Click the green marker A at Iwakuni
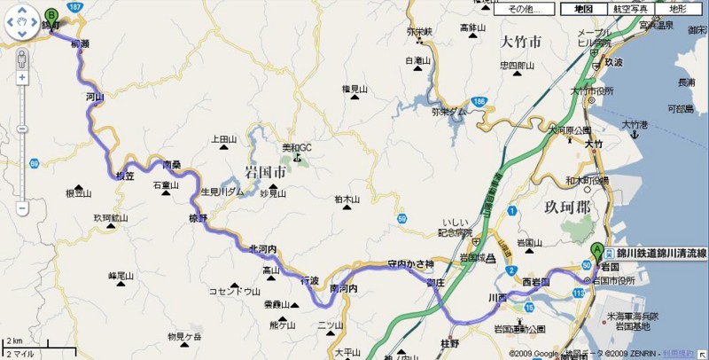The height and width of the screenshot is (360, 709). click(596, 251)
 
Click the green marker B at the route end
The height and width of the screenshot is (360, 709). click(51, 16)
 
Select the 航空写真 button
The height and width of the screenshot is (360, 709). click(629, 9)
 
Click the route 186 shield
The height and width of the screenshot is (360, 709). click(479, 101)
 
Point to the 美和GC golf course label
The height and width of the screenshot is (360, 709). click(297, 147)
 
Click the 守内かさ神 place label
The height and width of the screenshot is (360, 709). click(410, 263)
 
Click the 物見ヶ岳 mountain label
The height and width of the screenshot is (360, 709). click(184, 336)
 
